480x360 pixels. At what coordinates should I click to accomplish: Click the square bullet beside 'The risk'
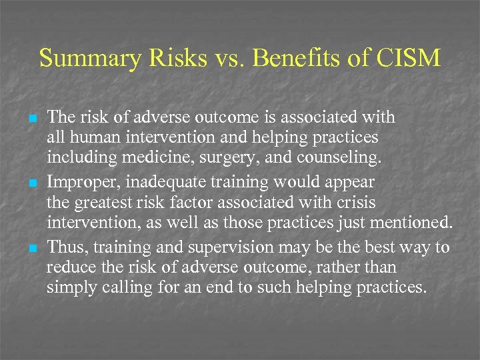(31, 118)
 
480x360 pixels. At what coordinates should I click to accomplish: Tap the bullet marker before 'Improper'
(31, 183)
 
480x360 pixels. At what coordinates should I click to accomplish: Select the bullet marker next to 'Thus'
(31, 248)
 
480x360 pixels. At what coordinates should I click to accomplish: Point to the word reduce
(66, 269)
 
